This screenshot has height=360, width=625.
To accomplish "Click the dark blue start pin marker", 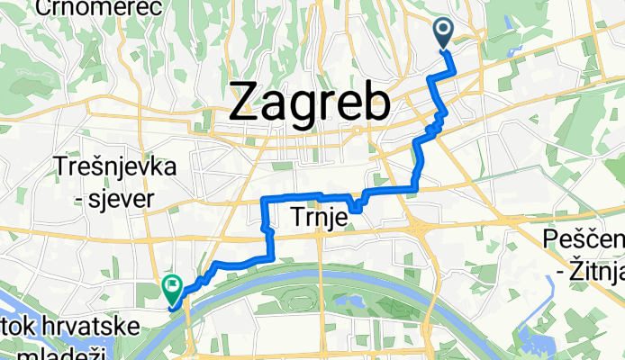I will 446,33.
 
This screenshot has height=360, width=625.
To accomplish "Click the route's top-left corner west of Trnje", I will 263,198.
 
